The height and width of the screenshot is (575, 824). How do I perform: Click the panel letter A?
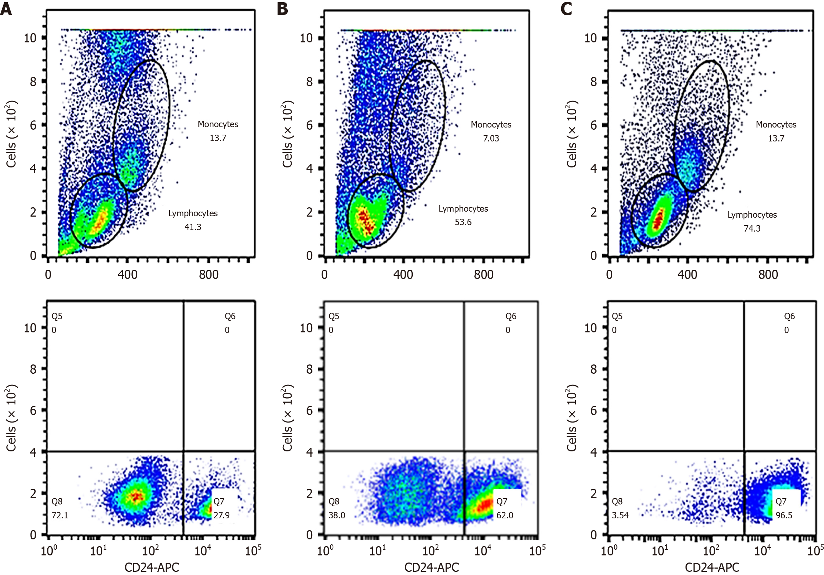tap(6, 9)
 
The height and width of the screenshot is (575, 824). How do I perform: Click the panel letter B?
tap(282, 9)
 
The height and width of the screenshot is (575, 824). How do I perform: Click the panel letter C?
tap(566, 9)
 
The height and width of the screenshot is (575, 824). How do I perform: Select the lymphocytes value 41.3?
tap(193, 227)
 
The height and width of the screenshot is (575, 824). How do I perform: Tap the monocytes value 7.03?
tap(491, 138)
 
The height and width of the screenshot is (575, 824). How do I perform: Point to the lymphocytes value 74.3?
tap(752, 228)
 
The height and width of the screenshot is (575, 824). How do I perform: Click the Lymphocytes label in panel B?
tap(463, 209)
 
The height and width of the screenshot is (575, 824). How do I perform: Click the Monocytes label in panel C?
tap(776, 125)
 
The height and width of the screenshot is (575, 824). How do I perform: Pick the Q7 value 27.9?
tap(221, 515)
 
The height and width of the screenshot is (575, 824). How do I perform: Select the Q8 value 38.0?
tap(337, 515)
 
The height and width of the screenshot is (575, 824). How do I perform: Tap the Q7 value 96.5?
tap(784, 515)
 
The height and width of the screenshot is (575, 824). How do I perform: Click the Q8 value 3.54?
tap(620, 515)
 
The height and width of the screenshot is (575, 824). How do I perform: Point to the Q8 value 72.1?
tap(59, 515)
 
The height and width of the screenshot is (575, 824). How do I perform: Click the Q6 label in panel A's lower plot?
tap(230, 316)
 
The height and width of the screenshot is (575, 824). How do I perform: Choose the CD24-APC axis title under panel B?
tap(431, 567)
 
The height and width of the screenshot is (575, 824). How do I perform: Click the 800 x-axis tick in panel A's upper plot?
tap(209, 275)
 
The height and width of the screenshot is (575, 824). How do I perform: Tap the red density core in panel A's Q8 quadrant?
tap(136, 496)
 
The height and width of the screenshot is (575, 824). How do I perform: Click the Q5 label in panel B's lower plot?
tap(334, 316)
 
